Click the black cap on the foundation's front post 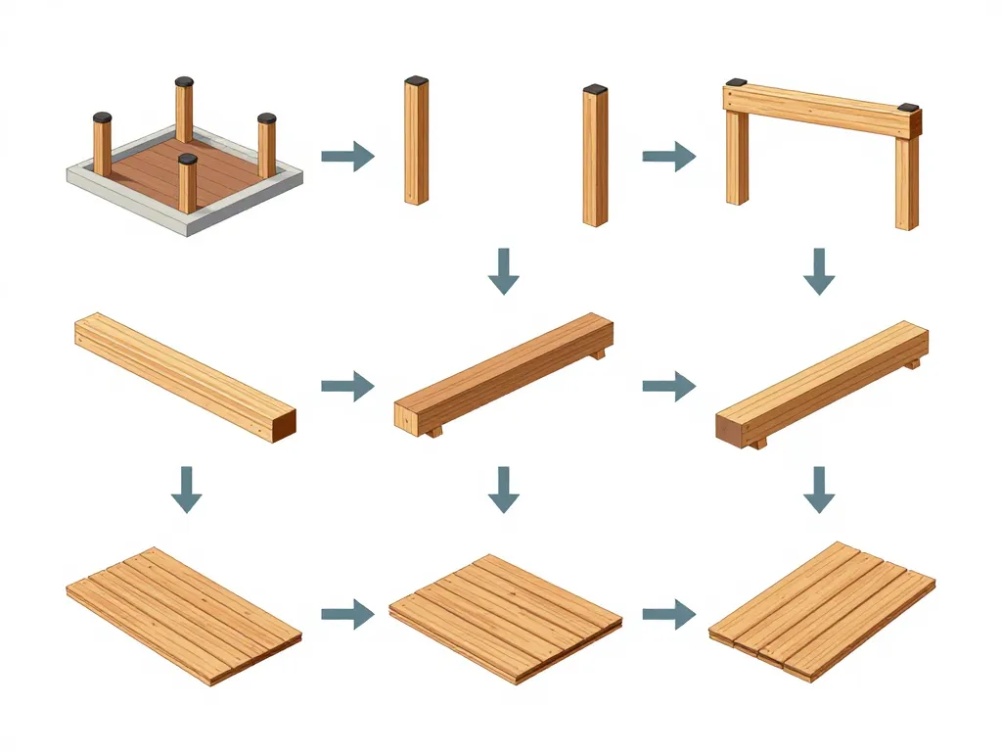[x=188, y=159]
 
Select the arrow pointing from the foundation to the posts [x=347, y=156]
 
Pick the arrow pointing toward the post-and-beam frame [x=668, y=156]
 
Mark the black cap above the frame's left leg [x=736, y=83]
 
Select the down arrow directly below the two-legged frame [x=819, y=271]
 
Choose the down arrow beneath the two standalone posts [x=504, y=271]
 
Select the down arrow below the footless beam [x=186, y=490]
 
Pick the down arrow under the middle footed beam [x=504, y=490]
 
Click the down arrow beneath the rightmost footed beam [x=819, y=490]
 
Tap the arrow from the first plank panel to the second [x=347, y=615]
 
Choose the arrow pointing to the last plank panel [x=668, y=615]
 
